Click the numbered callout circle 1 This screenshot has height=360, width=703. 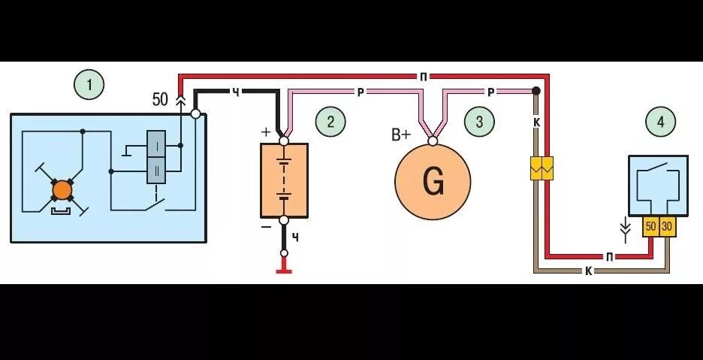(x=89, y=84)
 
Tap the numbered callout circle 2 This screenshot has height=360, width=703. (x=330, y=121)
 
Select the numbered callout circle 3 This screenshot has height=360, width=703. (x=479, y=121)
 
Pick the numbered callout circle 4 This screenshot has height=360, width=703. (x=660, y=121)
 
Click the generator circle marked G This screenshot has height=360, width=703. (x=433, y=182)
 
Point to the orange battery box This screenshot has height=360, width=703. (x=284, y=180)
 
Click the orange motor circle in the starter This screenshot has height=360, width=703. (x=62, y=189)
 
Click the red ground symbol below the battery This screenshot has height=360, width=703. (x=284, y=270)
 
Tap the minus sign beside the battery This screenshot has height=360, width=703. (x=266, y=226)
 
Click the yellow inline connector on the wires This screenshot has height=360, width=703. (x=542, y=168)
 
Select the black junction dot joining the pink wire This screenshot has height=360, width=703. (x=536, y=91)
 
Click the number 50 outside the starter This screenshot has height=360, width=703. (x=160, y=99)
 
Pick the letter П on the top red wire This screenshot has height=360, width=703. (x=424, y=77)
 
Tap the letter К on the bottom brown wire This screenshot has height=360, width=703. (x=588, y=271)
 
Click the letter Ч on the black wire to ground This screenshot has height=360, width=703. (x=295, y=237)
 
